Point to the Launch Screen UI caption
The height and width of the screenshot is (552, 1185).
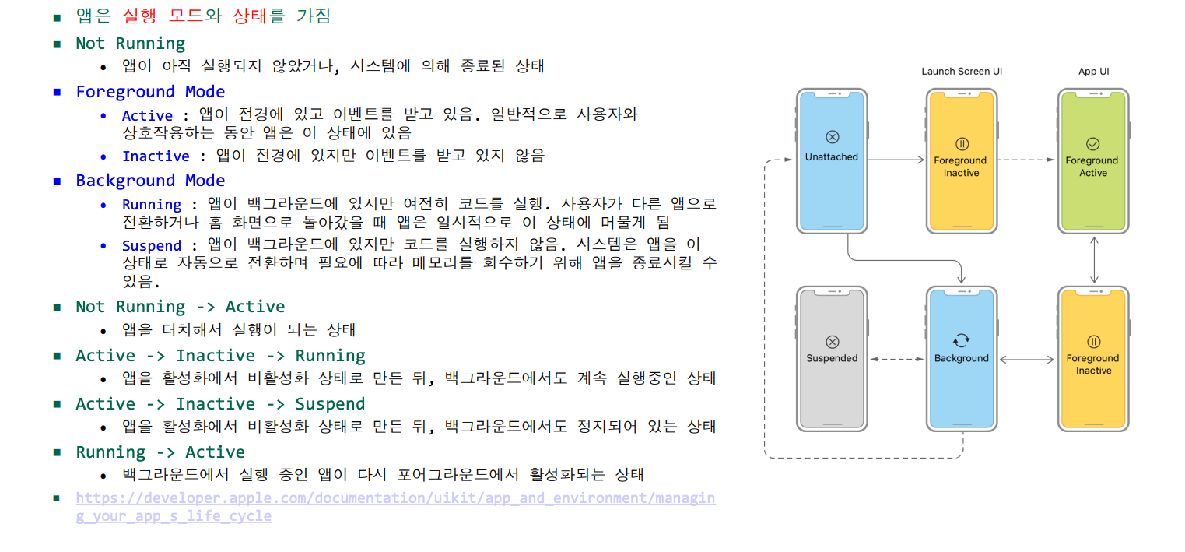click(962, 72)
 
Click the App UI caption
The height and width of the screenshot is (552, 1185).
click(1093, 72)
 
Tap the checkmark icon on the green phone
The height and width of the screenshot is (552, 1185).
click(1092, 144)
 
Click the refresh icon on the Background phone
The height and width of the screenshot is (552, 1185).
click(962, 340)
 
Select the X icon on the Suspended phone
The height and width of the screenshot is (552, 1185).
click(832, 341)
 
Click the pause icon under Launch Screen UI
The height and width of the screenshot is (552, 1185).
click(962, 144)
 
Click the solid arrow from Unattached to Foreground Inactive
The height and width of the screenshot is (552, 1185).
click(895, 160)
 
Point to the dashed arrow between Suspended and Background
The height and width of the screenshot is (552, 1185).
click(896, 359)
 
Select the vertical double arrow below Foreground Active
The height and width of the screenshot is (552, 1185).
click(1094, 259)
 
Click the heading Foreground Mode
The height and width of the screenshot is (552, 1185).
click(150, 92)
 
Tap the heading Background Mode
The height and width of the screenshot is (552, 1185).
click(150, 181)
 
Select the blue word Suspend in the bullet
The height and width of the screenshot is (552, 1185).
click(152, 246)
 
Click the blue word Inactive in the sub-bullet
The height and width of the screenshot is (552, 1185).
click(156, 156)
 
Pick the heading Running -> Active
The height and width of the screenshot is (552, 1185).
click(160, 452)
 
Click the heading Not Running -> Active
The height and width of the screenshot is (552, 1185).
click(180, 307)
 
